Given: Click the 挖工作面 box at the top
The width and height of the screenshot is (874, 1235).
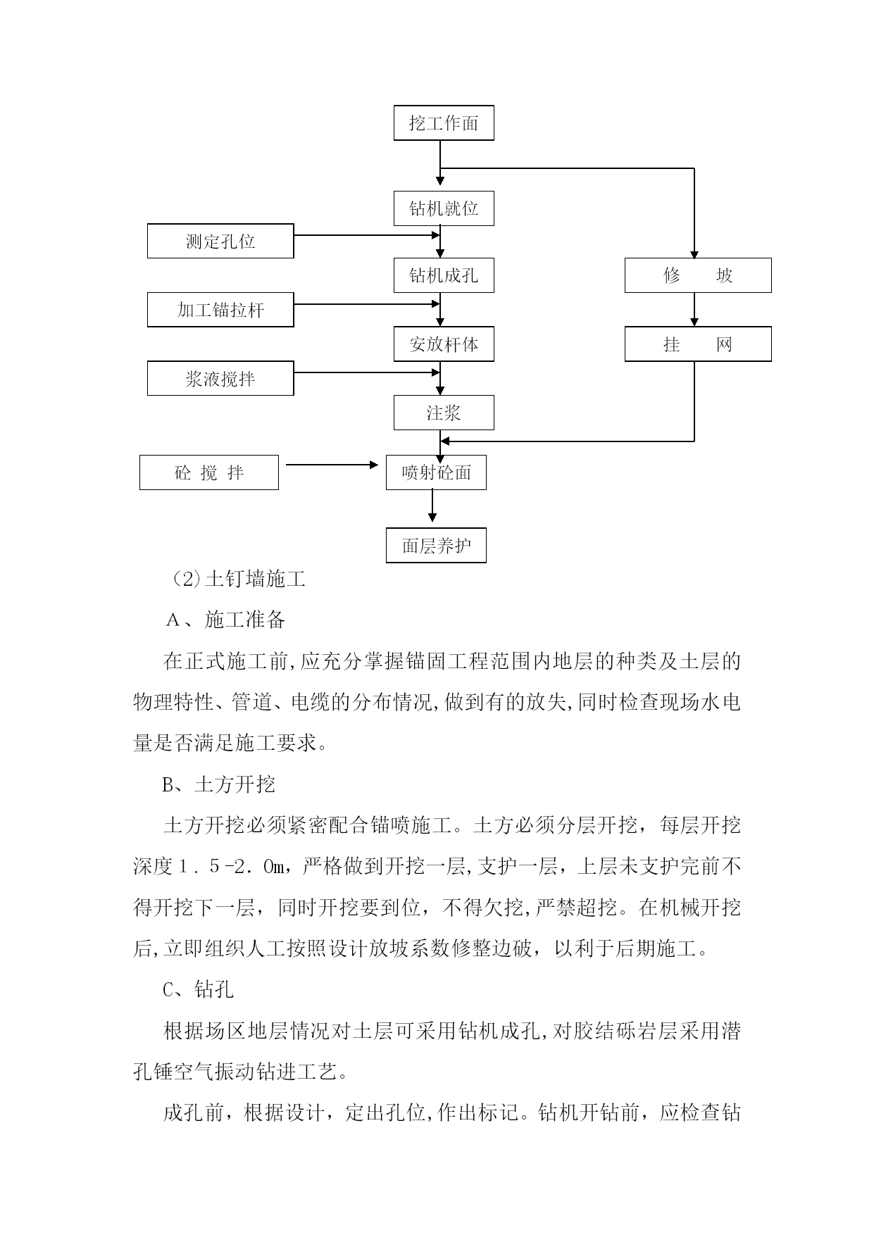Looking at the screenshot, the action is coord(444,123).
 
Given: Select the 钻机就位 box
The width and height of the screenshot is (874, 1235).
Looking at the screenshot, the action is coord(444,208).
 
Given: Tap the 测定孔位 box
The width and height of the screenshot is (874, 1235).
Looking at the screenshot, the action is coord(220,241).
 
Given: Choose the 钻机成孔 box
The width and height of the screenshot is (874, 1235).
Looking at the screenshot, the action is coord(444,275).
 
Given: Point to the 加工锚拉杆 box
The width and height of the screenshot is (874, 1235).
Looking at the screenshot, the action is coord(220,310).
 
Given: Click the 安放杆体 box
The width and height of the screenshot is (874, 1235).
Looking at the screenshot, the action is coord(444,344).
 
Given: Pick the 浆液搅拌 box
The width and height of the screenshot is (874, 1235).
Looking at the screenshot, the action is coord(220,378).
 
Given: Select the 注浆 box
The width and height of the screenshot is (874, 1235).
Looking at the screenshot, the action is coord(444,413).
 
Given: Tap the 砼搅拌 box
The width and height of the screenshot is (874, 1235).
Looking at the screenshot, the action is coord(209,472).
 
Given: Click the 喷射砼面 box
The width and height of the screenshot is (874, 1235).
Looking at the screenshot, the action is coord(436,472).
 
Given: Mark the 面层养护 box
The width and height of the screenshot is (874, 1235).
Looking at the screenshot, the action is coord(436,546).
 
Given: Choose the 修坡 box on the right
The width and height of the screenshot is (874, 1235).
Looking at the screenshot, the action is coord(698,275).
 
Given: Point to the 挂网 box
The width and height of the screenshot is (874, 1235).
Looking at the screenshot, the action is coord(698,344).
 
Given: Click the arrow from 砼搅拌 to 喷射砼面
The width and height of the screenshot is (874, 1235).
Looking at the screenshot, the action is coord(332,465).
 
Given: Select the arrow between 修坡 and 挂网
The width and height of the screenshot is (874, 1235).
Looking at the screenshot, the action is coord(694,310).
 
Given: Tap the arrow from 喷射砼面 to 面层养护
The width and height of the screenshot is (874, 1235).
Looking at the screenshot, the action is coord(432,506).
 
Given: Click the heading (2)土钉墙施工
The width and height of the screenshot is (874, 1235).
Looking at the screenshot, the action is coord(238,579).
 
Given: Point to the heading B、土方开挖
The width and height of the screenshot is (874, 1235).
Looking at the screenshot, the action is coord(219,784).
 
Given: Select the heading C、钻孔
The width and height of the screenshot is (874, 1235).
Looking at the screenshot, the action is coord(198,990).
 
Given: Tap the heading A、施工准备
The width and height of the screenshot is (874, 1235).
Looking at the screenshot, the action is coord(225,620).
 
